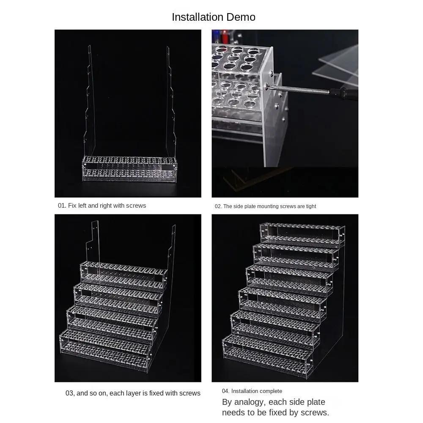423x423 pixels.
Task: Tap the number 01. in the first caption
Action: pyautogui.click(x=62, y=206)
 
